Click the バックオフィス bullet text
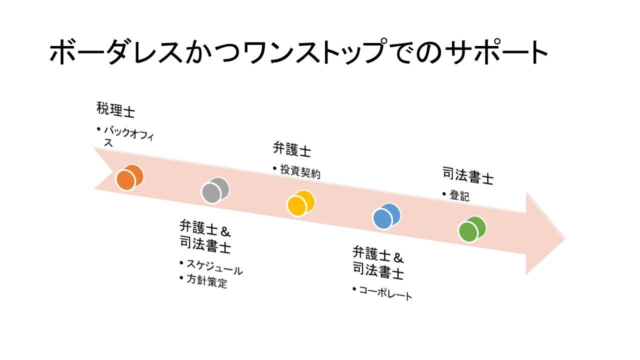[128, 135]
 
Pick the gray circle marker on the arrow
[215, 190]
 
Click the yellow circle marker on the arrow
[301, 203]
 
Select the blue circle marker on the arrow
[386, 216]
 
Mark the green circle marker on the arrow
[472, 229]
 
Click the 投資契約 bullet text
[300, 171]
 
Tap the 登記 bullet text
[459, 196]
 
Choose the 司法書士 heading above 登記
[468, 176]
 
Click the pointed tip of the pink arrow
[563, 238]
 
